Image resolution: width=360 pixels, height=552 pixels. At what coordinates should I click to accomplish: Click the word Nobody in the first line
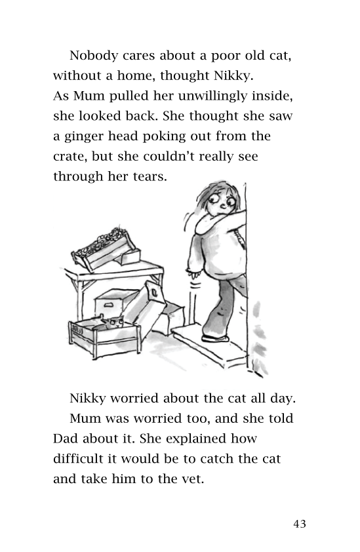[x=92, y=55]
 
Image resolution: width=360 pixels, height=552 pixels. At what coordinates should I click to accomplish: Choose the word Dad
[x=66, y=438]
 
